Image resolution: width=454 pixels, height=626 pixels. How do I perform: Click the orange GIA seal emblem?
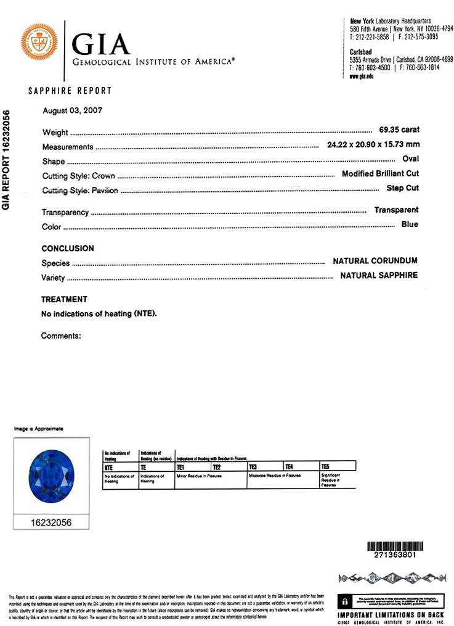39,43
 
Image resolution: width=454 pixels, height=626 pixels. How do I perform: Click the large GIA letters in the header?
102,44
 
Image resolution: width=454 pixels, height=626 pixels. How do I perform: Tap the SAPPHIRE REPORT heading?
70,91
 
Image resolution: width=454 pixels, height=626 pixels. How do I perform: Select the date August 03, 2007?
72,111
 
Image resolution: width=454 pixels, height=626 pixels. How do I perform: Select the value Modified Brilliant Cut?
380,174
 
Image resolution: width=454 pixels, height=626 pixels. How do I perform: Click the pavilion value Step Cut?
402,188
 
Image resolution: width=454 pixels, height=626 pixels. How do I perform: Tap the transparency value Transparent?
396,210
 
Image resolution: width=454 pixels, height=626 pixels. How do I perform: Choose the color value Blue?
410,224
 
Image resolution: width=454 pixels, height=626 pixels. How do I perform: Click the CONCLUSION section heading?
68,249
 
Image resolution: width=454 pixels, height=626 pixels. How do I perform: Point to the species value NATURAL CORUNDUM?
375,261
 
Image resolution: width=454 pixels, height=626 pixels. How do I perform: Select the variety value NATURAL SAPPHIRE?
379,276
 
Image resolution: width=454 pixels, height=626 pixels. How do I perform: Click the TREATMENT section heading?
64,300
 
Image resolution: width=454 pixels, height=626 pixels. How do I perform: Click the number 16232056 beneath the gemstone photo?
51,522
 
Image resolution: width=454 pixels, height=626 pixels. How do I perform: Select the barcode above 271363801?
391,546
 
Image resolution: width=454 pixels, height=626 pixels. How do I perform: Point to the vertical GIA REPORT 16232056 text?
7,161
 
